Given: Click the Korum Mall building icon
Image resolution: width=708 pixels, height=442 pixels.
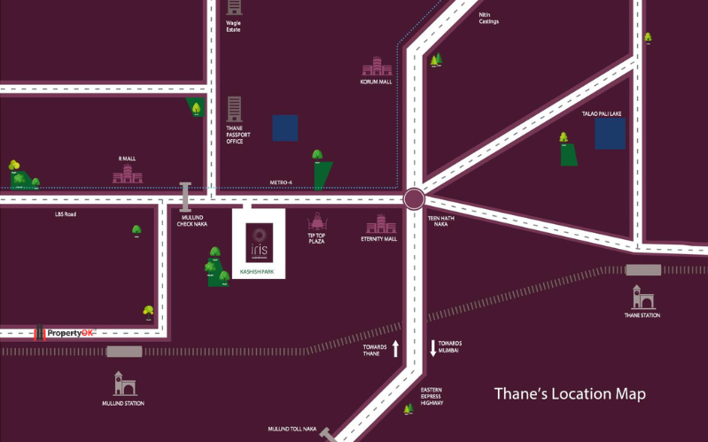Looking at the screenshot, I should pos(377,67).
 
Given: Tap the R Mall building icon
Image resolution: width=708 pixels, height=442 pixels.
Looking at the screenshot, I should pos(127,174).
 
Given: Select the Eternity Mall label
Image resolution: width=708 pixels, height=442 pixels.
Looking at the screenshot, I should pos(378,238).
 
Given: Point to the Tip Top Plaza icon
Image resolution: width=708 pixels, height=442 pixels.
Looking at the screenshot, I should pos(317,221).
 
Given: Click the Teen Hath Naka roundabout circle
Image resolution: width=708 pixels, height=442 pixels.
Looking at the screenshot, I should pos(414,198).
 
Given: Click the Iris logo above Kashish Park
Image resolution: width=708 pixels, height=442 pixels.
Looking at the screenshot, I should pos(260,242).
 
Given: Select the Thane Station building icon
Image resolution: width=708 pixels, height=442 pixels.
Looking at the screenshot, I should pos(642,297).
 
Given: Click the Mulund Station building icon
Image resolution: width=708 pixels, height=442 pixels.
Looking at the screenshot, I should pos(124,384).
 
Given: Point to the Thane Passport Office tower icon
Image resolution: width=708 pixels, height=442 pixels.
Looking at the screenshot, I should pos(234,109).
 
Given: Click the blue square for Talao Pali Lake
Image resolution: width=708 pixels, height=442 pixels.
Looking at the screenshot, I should pos(610,134).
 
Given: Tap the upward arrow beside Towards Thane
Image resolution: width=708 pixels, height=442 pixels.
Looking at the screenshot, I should pos(396,348).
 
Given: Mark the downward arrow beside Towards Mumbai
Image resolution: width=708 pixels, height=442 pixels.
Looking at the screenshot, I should pos(433,348).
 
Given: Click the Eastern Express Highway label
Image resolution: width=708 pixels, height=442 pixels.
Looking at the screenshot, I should pos(432,396).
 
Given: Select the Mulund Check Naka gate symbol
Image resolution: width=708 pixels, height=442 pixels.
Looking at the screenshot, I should pos(185,196).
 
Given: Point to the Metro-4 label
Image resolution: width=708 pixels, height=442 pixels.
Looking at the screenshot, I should pos(281,182).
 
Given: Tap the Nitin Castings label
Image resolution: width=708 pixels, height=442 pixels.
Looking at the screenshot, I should pos(489,18).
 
